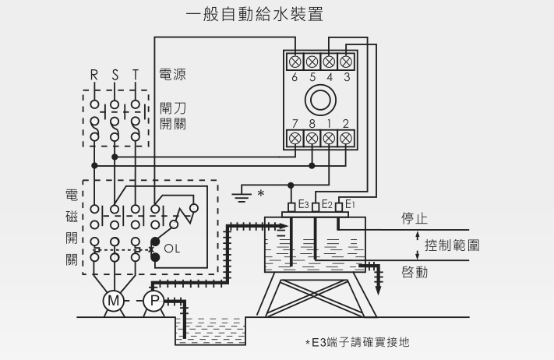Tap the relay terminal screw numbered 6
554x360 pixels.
point(295,61)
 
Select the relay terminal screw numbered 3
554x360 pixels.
point(346,61)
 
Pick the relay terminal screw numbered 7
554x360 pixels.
point(295,138)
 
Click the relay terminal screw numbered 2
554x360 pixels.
point(346,138)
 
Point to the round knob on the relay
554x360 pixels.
point(320,99)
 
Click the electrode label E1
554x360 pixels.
point(350,204)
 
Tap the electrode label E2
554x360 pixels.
point(326,204)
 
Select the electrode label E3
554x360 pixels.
point(302,205)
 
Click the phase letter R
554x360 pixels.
point(94,76)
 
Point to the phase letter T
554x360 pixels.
point(136,76)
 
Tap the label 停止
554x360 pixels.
point(415,218)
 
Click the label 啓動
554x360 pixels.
point(415,272)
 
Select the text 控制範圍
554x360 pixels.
point(452,245)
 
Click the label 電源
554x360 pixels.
point(172,76)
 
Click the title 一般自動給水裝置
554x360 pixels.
point(255,15)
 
